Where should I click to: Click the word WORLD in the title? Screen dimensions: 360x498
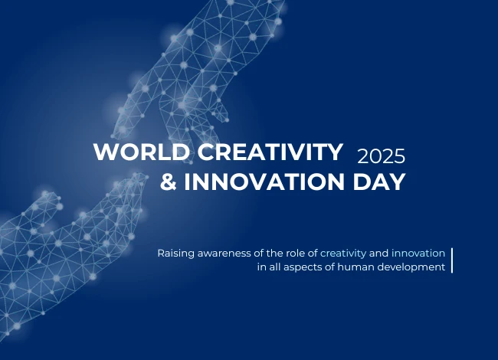click(x=142, y=152)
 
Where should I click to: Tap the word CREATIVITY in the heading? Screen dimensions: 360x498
click(x=270, y=152)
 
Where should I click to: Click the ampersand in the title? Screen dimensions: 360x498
click(x=168, y=182)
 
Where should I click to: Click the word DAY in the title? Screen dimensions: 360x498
click(x=376, y=182)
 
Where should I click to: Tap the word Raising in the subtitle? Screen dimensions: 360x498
click(x=176, y=253)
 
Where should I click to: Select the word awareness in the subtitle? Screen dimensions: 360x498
click(x=226, y=253)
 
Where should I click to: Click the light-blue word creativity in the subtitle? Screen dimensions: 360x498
click(x=343, y=253)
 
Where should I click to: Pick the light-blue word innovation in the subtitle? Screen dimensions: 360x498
click(x=418, y=253)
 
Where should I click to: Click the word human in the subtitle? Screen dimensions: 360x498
click(x=352, y=267)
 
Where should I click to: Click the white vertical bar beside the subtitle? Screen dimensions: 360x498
click(x=452, y=260)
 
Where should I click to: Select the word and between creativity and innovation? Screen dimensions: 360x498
click(x=379, y=253)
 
